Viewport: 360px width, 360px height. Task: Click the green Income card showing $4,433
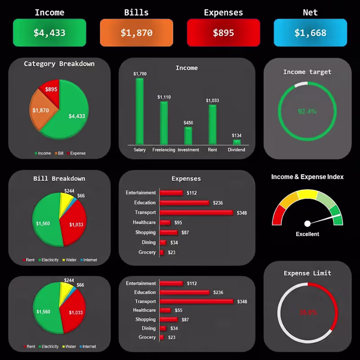coord(49,33)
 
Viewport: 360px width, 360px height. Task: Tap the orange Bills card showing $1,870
coord(136,33)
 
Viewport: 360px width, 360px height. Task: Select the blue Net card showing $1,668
coord(310,33)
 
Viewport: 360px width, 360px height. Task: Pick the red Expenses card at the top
coord(223,33)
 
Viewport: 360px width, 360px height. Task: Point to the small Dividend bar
coord(237,142)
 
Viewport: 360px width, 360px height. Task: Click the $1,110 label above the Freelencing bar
coord(164,97)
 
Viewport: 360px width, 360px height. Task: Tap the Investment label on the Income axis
coord(188,150)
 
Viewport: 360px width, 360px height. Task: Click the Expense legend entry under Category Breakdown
coord(76,153)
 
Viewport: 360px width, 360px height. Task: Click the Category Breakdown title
coord(59,64)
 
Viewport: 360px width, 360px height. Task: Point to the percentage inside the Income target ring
coord(307,112)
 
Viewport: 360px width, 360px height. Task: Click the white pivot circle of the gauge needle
coord(307,224)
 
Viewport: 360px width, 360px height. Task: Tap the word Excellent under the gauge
coord(307,234)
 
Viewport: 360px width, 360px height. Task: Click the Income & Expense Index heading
coord(307,177)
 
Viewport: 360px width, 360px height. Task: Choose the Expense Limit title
coord(307,273)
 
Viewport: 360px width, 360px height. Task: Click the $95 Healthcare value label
coord(178,223)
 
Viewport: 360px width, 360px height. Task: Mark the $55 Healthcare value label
coord(179,310)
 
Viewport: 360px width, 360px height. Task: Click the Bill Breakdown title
coord(59,179)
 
